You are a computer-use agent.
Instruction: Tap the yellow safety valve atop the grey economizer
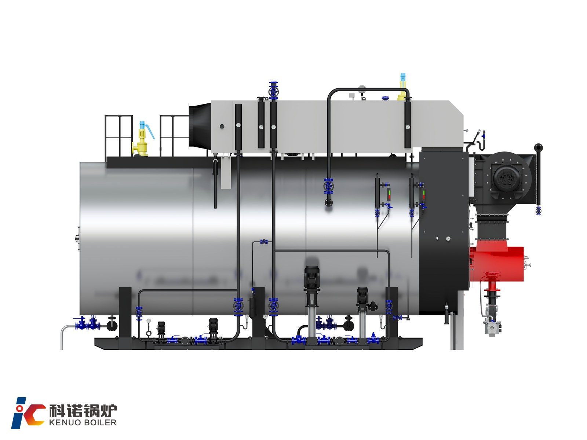402,87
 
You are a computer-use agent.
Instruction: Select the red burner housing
497,264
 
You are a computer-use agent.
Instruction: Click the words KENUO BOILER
83,422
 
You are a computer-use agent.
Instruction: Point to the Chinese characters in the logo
83,411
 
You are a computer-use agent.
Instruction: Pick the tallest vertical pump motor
311,278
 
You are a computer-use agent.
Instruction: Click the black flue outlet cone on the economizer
200,126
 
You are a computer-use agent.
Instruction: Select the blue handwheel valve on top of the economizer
273,91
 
